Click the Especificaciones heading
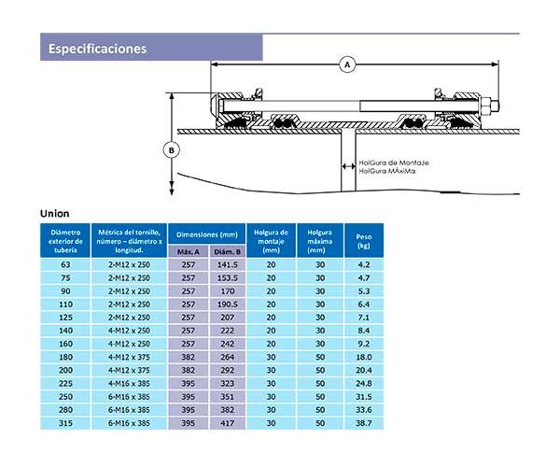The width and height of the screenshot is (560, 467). [97, 48]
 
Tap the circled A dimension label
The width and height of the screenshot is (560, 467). [347, 64]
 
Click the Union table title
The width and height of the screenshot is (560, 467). [54, 213]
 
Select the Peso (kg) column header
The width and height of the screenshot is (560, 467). [363, 241]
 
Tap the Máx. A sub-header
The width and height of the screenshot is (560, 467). [189, 251]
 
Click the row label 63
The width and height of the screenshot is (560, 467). [65, 264]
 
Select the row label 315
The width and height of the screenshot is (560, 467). [65, 423]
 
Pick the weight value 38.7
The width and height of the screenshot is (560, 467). [363, 423]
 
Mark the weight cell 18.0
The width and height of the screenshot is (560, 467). [363, 357]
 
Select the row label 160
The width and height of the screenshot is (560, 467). [65, 344]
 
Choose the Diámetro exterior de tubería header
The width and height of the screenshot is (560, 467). [65, 241]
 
